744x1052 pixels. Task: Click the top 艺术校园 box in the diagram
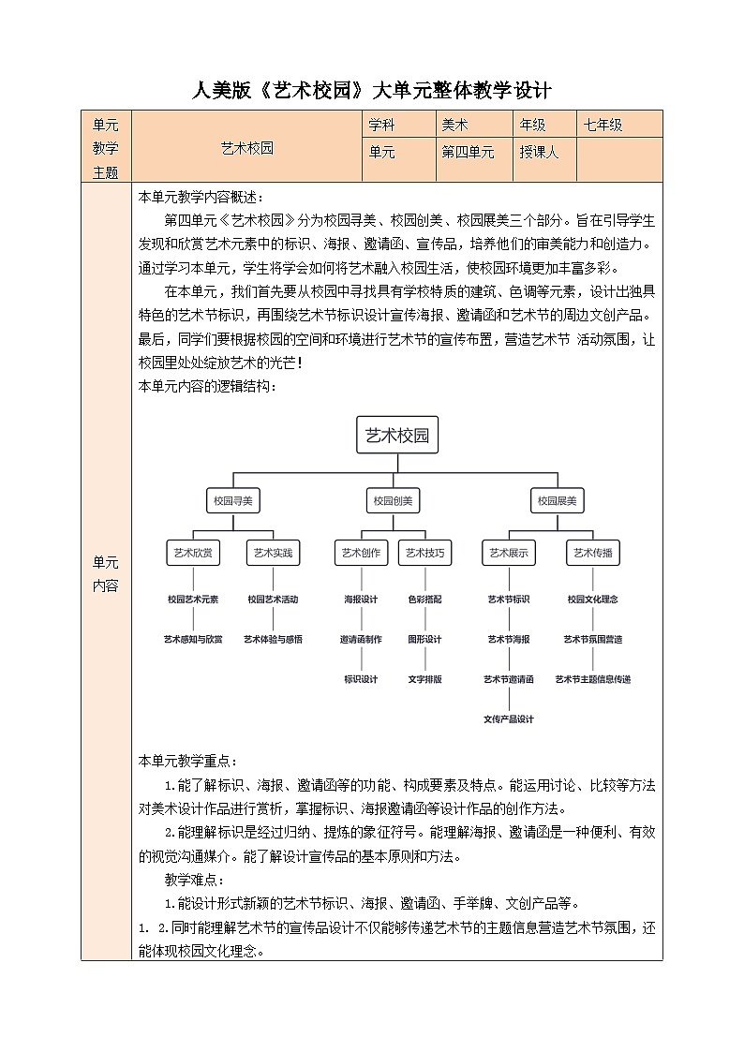pyautogui.click(x=398, y=435)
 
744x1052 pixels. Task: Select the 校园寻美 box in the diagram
pyautogui.click(x=233, y=501)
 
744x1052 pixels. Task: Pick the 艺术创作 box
pyautogui.click(x=360, y=553)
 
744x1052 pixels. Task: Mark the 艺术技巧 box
pyautogui.click(x=424, y=553)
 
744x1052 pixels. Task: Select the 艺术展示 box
pyautogui.click(x=509, y=553)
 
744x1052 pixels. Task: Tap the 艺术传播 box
pyautogui.click(x=592, y=553)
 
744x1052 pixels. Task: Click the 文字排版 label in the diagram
pyautogui.click(x=424, y=679)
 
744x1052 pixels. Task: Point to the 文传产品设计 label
pyautogui.click(x=509, y=719)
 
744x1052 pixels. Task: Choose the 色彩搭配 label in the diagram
pyautogui.click(x=424, y=599)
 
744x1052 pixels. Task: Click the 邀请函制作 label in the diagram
pyautogui.click(x=360, y=639)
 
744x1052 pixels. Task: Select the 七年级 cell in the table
pyautogui.click(x=603, y=125)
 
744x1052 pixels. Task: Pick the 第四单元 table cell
pyautogui.click(x=468, y=152)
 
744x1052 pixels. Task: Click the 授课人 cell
pyautogui.click(x=539, y=152)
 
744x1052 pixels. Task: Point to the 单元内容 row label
pyautogui.click(x=106, y=574)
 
